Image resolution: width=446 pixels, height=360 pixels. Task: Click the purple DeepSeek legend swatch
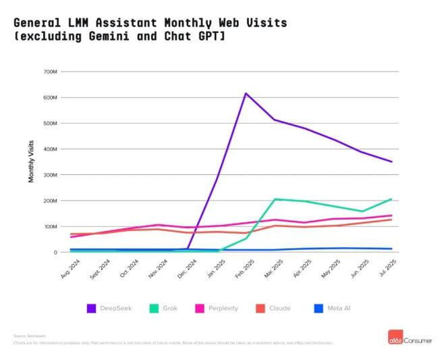tap(92, 308)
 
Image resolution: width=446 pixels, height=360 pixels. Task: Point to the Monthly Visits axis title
tap(31, 161)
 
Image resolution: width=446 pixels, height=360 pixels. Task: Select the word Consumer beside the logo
tap(420, 336)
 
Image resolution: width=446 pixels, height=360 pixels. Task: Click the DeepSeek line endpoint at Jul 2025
tap(392, 161)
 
